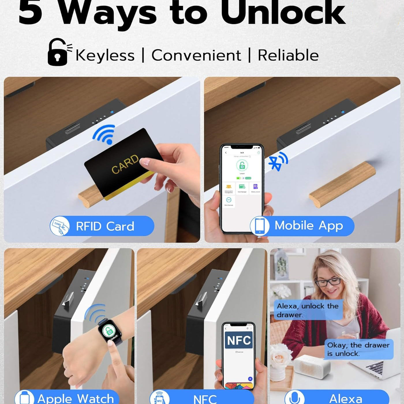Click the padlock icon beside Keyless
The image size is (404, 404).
pyautogui.click(x=58, y=52)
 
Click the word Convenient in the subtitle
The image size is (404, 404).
pyautogui.click(x=196, y=55)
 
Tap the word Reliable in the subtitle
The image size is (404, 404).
pyautogui.click(x=288, y=55)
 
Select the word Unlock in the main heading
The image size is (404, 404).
pyautogui.click(x=283, y=13)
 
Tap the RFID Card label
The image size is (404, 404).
pyautogui.click(x=105, y=226)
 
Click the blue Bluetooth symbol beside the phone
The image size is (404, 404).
pyautogui.click(x=278, y=162)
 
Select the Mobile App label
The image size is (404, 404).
pyautogui.click(x=308, y=226)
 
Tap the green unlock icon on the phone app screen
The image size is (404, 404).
pyautogui.click(x=242, y=166)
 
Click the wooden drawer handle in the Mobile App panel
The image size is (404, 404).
pyautogui.click(x=342, y=184)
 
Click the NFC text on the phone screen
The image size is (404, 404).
pyautogui.click(x=239, y=340)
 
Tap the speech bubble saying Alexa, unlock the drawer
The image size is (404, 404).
pyautogui.click(x=308, y=310)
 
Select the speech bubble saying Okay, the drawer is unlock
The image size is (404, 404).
pyautogui.click(x=358, y=349)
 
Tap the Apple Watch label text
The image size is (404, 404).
pyautogui.click(x=76, y=399)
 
